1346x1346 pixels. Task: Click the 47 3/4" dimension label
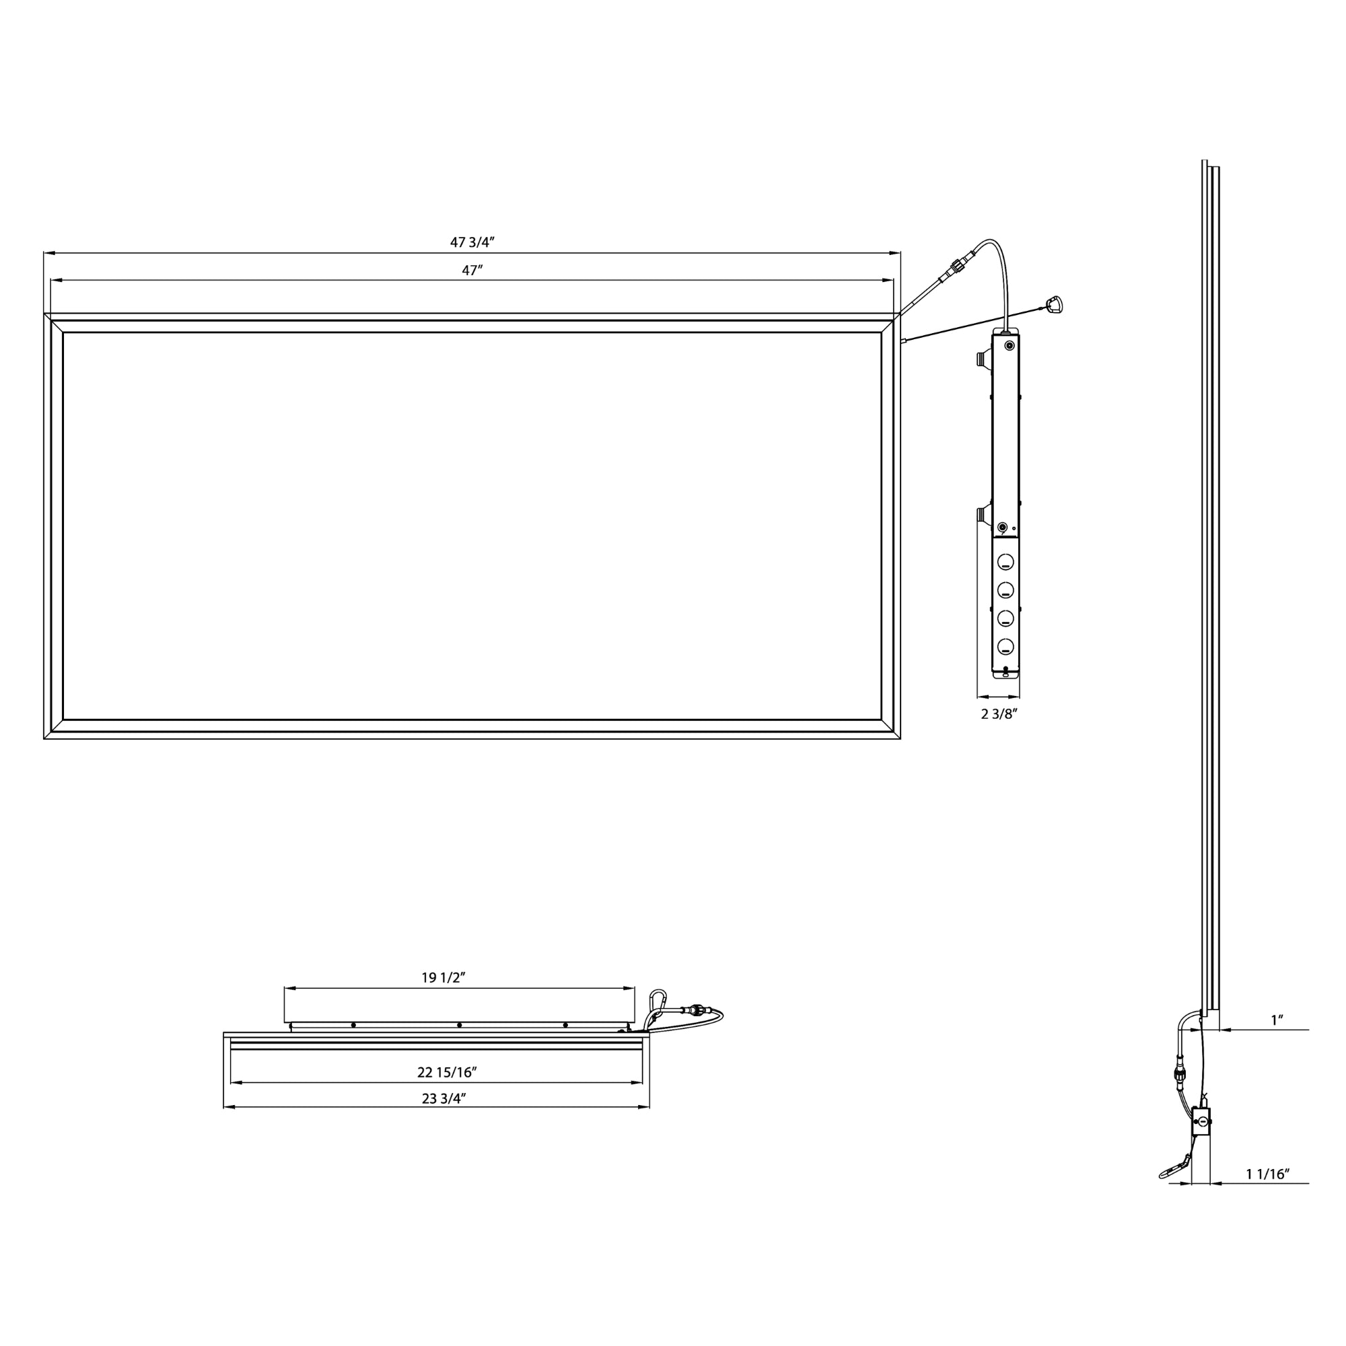(x=472, y=242)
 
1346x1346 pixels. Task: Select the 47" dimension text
(x=472, y=271)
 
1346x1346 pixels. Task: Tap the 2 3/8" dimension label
(x=1000, y=714)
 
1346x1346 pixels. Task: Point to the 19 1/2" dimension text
(x=443, y=977)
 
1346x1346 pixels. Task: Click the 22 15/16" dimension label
(x=447, y=1072)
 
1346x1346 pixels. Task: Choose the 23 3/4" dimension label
(x=444, y=1099)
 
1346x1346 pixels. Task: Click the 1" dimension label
(x=1277, y=1020)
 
